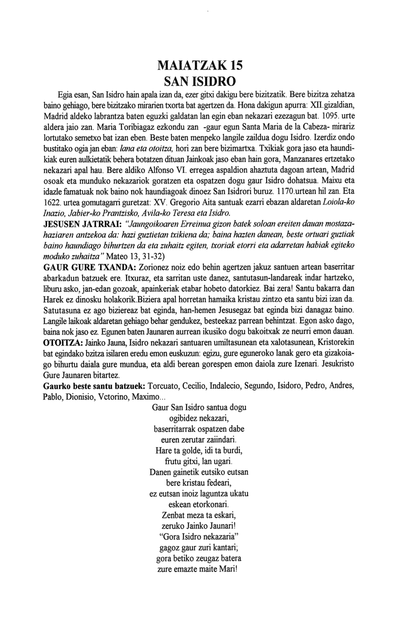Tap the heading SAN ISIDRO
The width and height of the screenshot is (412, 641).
click(200, 82)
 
